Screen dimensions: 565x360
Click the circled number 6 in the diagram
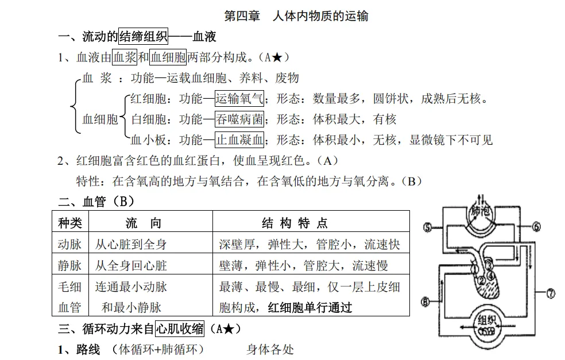pyautogui.click(x=536, y=227)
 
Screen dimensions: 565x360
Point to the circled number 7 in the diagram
pyautogui.click(x=549, y=293)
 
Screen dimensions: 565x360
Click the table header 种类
pyautogui.click(x=71, y=223)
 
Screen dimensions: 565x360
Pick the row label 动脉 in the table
pyautogui.click(x=70, y=244)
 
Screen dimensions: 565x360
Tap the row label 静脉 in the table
pyautogui.click(x=70, y=265)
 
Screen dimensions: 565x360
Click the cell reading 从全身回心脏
pyautogui.click(x=131, y=265)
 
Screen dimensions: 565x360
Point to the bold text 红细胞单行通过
pyautogui.click(x=310, y=307)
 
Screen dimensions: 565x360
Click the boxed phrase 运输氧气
pyautogui.click(x=239, y=99)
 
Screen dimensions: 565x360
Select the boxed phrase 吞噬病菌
pyautogui.click(x=239, y=119)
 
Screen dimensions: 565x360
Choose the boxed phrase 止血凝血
pyautogui.click(x=239, y=140)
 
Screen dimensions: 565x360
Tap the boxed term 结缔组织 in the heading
pyautogui.click(x=143, y=37)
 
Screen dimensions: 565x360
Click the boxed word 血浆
pyautogui.click(x=125, y=57)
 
